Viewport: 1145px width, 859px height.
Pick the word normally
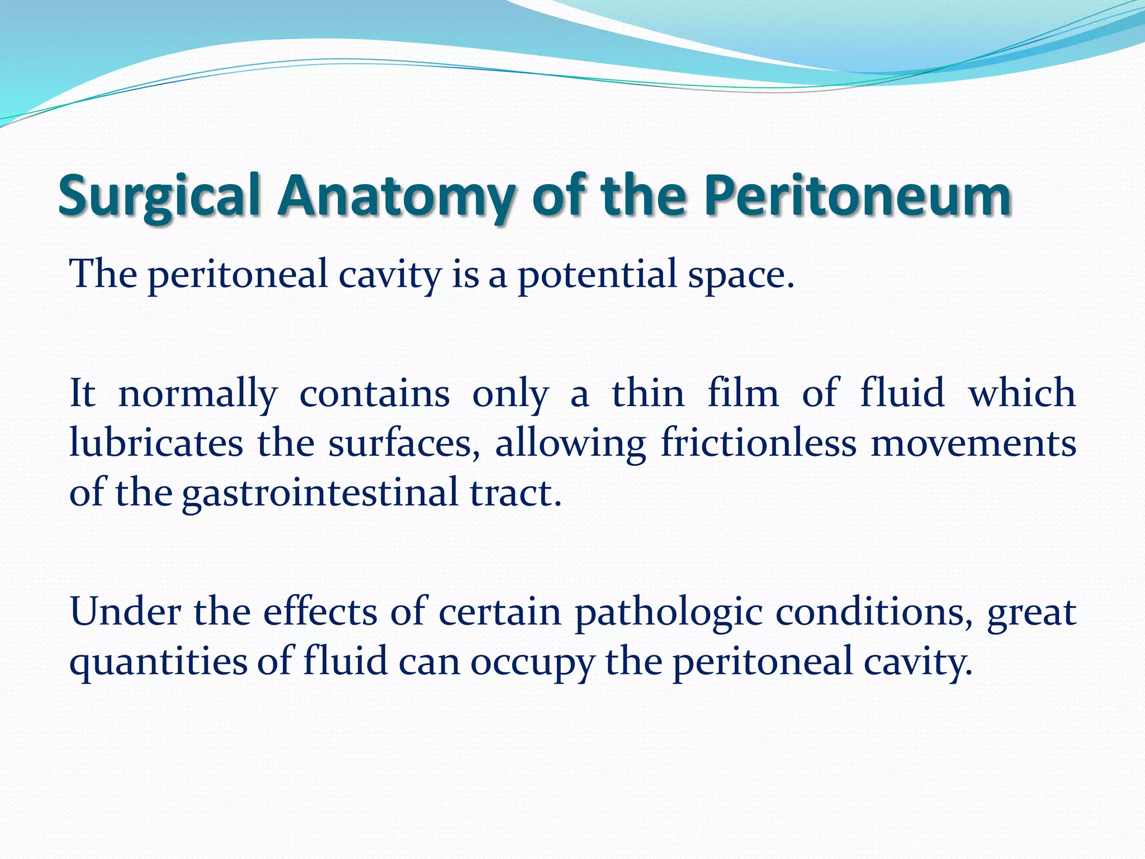198,394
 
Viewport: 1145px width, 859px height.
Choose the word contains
375,394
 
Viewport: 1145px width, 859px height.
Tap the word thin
648,394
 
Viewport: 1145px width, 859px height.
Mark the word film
743,394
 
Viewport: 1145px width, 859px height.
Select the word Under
125,612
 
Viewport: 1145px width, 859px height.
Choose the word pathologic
669,612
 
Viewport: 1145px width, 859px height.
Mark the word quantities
158,661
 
